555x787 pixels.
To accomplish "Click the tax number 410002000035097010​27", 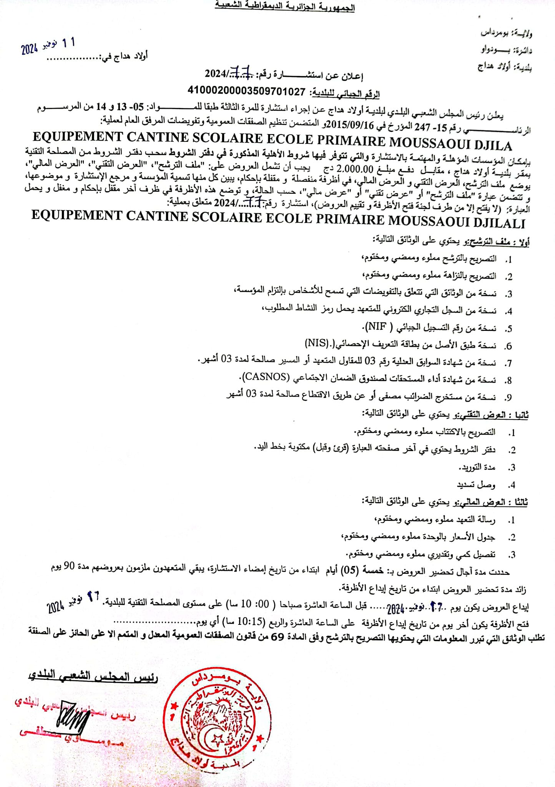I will pos(246,91).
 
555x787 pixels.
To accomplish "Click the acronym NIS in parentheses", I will pos(317,343).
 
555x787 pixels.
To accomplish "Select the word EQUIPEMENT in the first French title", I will pos(77,137).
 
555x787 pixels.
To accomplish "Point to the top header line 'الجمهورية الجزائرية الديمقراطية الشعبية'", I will pos(284,7).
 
